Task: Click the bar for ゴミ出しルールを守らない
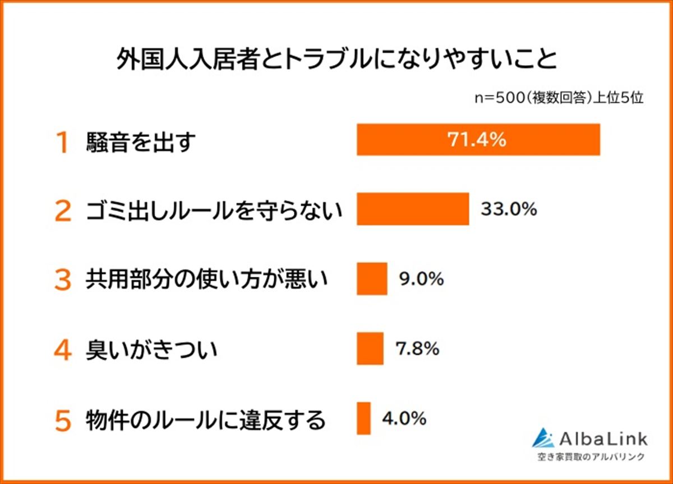[413, 209]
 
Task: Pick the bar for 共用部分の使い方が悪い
[372, 279]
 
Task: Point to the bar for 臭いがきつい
[370, 349]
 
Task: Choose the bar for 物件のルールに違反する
[363, 418]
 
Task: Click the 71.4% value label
[477, 139]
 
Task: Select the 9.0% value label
[421, 278]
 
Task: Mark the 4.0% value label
[404, 418]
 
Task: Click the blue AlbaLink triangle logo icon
[543, 438]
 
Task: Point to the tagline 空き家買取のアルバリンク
[589, 456]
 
